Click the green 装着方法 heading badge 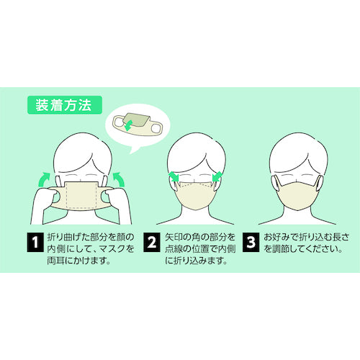point(65,105)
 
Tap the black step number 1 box point(35,242)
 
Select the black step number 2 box point(152,242)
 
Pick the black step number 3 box point(251,242)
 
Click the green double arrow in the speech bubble point(129,125)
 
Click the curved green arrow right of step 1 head point(120,179)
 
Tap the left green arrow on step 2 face point(174,177)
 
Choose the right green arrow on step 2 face point(217,177)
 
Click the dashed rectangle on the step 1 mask point(81,195)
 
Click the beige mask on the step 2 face point(196,196)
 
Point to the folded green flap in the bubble point(136,120)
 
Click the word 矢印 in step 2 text point(174,237)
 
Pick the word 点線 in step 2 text point(174,249)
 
